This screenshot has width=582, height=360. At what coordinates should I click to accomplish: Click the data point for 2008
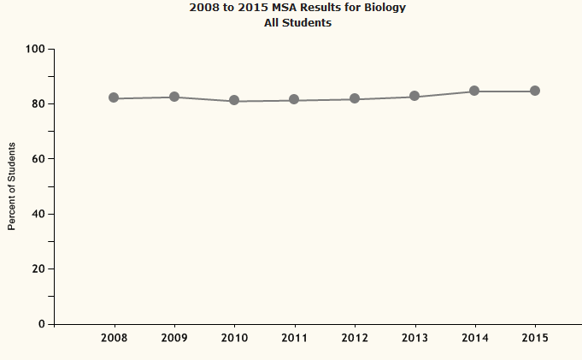pyautogui.click(x=114, y=98)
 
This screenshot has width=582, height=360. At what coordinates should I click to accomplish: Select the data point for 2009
pyautogui.click(x=174, y=97)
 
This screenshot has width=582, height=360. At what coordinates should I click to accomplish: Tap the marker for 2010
pyautogui.click(x=234, y=101)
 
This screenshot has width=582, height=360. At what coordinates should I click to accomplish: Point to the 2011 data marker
pyautogui.click(x=294, y=100)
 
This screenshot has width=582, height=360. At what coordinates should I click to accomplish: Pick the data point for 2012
pyautogui.click(x=355, y=99)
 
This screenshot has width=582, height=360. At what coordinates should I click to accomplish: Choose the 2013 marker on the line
pyautogui.click(x=414, y=97)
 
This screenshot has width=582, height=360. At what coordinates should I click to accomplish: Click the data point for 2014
pyautogui.click(x=474, y=91)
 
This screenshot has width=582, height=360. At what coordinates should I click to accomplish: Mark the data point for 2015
pyautogui.click(x=535, y=91)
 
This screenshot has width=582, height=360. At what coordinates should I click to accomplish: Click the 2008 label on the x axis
pyautogui.click(x=114, y=338)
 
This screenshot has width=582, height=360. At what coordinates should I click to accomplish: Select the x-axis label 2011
pyautogui.click(x=294, y=338)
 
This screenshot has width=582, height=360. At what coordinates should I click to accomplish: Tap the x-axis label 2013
pyautogui.click(x=414, y=338)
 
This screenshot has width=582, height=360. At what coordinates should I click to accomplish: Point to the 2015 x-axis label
pyautogui.click(x=535, y=338)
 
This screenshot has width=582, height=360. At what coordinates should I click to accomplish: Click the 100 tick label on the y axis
pyautogui.click(x=35, y=49)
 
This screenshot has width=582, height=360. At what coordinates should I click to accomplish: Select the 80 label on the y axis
pyautogui.click(x=38, y=104)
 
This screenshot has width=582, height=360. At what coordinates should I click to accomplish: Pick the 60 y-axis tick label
pyautogui.click(x=38, y=159)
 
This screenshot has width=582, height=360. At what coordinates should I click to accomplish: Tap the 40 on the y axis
pyautogui.click(x=38, y=214)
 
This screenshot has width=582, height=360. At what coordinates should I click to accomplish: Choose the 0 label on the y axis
pyautogui.click(x=42, y=324)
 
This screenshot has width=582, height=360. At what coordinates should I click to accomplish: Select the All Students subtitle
pyautogui.click(x=297, y=23)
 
